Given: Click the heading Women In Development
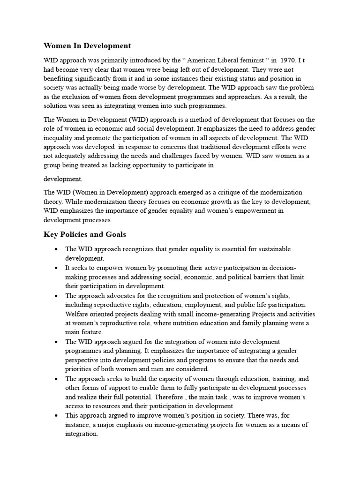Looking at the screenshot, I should (x=87, y=46).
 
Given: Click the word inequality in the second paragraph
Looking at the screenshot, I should (x=60, y=138).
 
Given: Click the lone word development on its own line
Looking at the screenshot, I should (x=63, y=179).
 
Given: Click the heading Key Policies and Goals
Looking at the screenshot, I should (x=84, y=234).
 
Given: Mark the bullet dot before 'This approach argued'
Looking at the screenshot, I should (x=56, y=416).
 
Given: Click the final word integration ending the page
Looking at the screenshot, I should (x=81, y=434).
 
